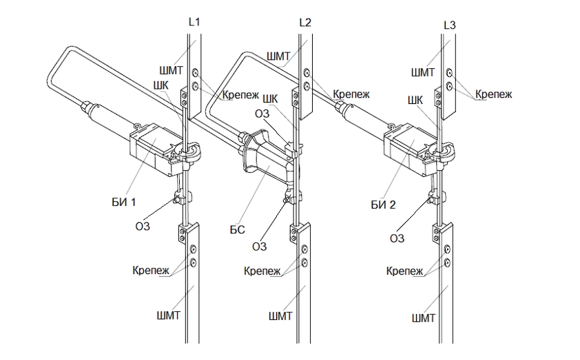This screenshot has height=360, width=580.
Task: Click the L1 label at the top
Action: [x=194, y=22]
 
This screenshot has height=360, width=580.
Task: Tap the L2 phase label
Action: [x=305, y=23]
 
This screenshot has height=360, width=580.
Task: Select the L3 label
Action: [x=449, y=25]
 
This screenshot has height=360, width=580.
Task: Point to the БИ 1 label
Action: [x=124, y=202]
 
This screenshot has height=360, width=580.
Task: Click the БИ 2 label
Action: [x=383, y=204]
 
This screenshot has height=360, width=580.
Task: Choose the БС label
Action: [x=237, y=229]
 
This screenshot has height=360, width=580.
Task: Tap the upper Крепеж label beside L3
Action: [x=493, y=94]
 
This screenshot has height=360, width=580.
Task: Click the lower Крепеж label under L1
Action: [x=151, y=271]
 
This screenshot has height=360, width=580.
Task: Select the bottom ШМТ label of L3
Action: [x=424, y=318]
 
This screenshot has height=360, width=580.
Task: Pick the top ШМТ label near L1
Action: [x=171, y=70]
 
